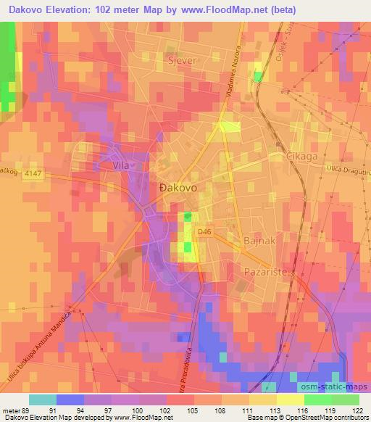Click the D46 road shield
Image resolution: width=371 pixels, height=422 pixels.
tap(206, 231)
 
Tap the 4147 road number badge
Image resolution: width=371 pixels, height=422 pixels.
tap(33, 186)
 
